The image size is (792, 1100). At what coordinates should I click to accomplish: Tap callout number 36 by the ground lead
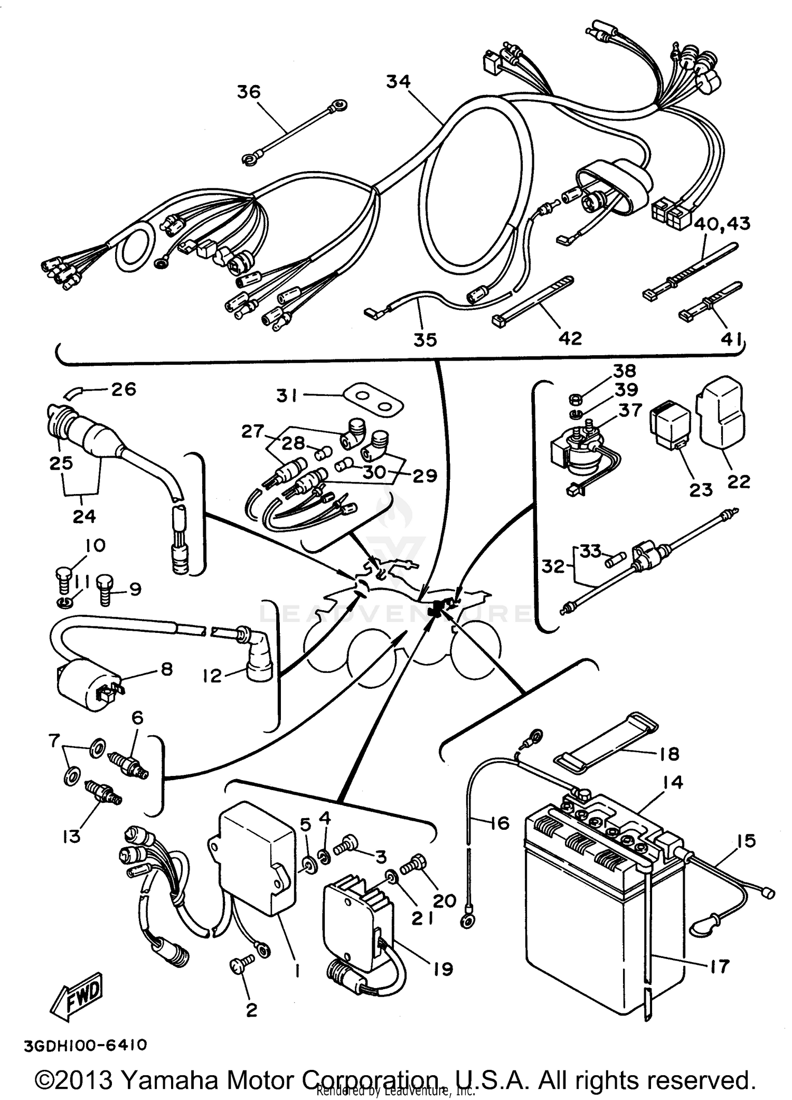[248, 92]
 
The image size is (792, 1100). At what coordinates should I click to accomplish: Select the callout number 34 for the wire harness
[398, 81]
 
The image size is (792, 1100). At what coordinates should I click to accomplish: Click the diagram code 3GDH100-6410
[84, 1045]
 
